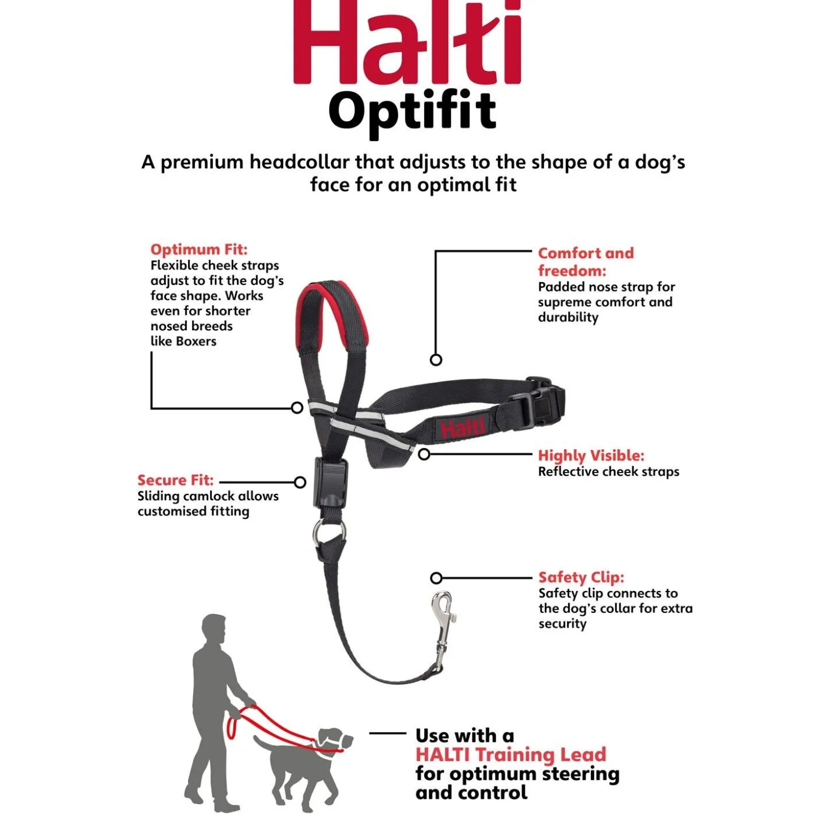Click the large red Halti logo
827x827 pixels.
pyautogui.click(x=407, y=42)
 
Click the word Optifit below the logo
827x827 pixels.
pyautogui.click(x=412, y=112)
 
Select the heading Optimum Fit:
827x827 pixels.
pyautogui.click(x=199, y=249)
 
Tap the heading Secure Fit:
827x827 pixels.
pyautogui.click(x=176, y=480)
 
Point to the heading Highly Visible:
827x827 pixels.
pyautogui.click(x=591, y=455)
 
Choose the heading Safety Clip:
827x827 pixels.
pyautogui.click(x=581, y=577)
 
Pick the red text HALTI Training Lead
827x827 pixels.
pyautogui.click(x=510, y=754)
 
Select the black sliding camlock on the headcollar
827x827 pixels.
pyautogui.click(x=330, y=483)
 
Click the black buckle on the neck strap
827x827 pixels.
pyautogui.click(x=544, y=403)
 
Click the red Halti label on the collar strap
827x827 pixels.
pyautogui.click(x=462, y=428)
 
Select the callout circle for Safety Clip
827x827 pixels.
pyautogui.click(x=436, y=578)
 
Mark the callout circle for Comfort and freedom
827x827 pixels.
pyautogui.click(x=436, y=360)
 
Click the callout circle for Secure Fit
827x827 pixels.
pyautogui.click(x=300, y=483)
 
